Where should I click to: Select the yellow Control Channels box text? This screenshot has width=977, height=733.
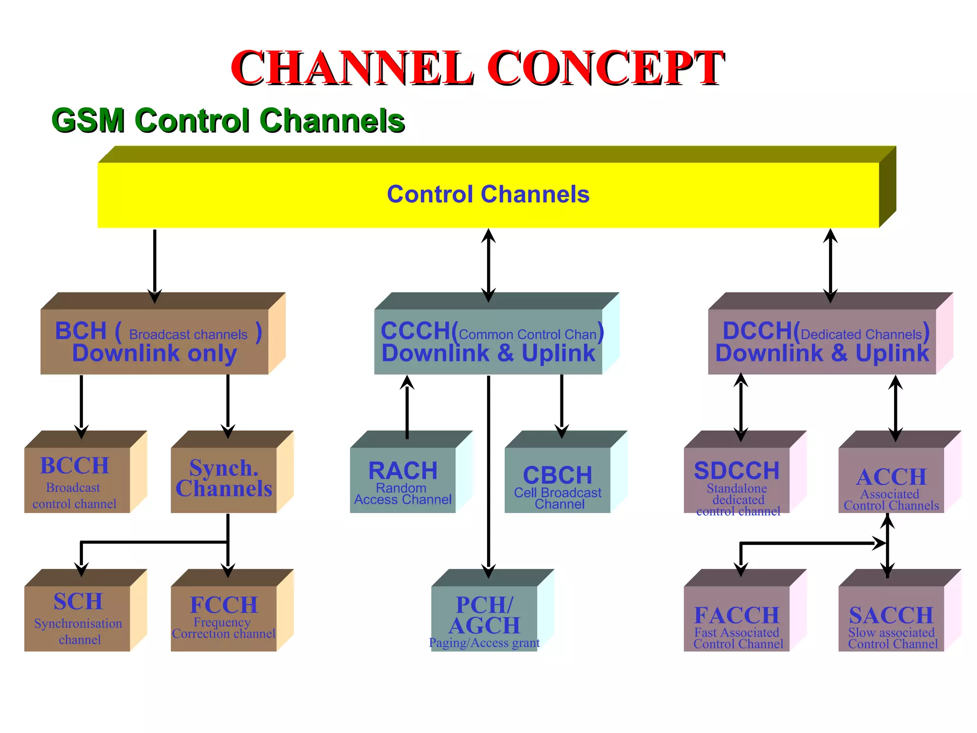pos(488,194)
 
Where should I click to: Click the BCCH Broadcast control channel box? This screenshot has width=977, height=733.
pos(77,480)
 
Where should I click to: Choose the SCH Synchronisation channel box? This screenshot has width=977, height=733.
pos(77,618)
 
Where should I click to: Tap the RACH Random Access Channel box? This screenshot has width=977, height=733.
pos(403,480)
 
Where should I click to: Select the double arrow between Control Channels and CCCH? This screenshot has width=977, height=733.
pos(488,265)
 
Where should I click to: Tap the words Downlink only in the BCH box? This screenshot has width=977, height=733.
pos(155,354)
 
